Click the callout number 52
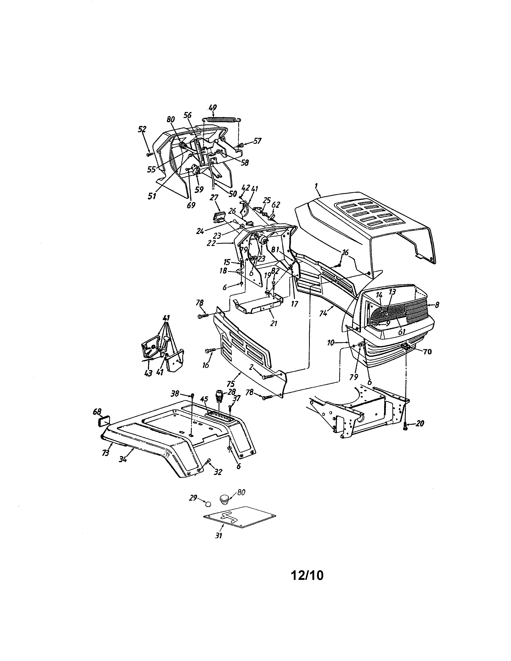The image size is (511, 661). tap(142, 129)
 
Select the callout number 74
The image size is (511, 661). tap(323, 313)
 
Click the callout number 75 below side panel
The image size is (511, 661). tap(231, 384)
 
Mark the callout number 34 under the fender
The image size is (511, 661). tap(123, 459)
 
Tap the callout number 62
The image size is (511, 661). tap(276, 205)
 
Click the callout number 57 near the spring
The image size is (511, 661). tap(257, 141)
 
